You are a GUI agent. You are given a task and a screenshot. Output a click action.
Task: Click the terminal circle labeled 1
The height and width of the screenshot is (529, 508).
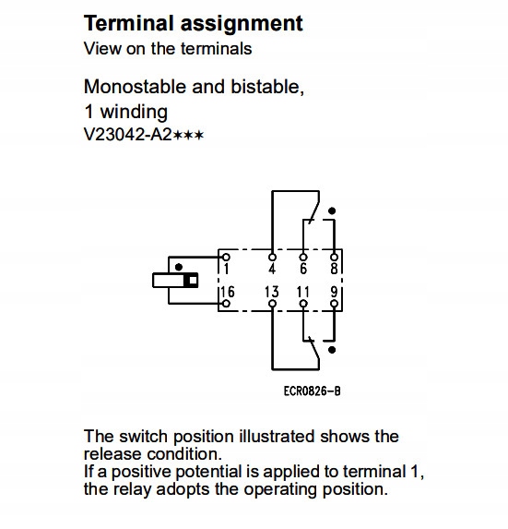point(227,258)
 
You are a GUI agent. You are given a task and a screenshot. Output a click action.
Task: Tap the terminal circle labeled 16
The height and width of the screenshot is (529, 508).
point(227,304)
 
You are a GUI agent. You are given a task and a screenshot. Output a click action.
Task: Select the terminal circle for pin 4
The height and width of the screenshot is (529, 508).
point(272,258)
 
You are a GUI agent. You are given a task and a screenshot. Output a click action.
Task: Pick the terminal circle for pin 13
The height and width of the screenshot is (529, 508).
point(272,304)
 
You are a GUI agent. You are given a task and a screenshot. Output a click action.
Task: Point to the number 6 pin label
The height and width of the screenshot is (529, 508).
point(303,269)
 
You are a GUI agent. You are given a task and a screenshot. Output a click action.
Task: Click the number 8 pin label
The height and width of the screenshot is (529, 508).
point(334,269)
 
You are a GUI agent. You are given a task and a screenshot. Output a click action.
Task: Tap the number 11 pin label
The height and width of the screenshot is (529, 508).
point(302,292)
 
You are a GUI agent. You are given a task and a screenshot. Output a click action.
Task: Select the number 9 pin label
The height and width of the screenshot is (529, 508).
point(334,292)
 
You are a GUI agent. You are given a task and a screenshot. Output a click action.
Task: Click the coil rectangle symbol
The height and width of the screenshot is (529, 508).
point(175,281)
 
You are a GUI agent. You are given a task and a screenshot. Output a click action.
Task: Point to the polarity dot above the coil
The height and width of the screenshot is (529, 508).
point(179,267)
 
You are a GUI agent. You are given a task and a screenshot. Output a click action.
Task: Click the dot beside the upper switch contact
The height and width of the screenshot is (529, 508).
point(332,210)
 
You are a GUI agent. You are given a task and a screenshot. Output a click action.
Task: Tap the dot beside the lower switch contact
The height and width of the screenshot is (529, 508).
point(332,350)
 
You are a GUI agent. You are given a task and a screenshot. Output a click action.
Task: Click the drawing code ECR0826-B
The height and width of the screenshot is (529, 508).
point(312,391)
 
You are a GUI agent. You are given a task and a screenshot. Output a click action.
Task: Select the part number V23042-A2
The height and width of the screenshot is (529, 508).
point(128,135)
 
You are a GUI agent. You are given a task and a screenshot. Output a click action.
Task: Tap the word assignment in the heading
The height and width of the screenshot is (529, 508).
point(242,24)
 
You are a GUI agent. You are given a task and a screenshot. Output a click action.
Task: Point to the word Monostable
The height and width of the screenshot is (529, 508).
point(136,87)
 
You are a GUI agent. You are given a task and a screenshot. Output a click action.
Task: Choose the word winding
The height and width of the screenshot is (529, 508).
point(134,112)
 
